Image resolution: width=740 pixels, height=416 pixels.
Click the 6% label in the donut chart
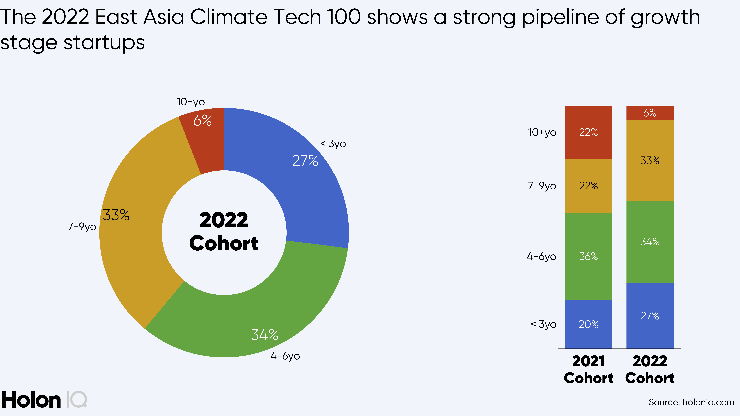[x=202, y=121]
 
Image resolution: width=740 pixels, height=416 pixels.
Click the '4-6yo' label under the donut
[x=285, y=356]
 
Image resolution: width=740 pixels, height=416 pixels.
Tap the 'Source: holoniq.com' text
[x=691, y=402]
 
